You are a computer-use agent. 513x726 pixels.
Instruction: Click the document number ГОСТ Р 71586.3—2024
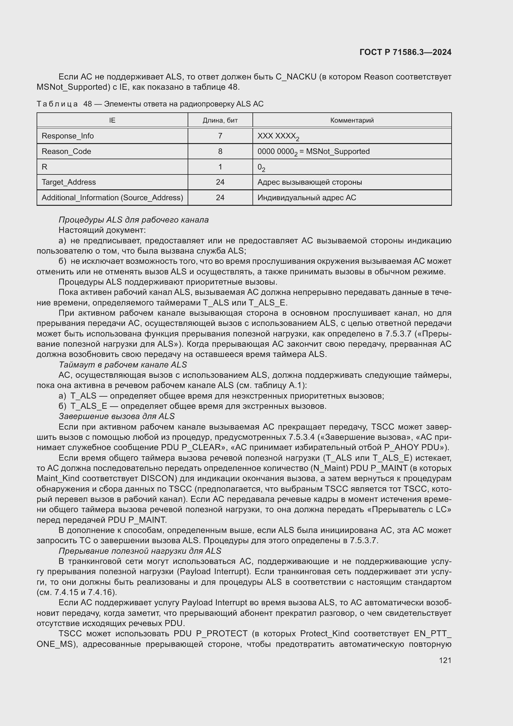(x=405, y=52)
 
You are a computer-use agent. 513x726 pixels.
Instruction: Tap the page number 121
(x=445, y=660)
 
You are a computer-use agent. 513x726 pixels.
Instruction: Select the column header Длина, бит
(x=220, y=120)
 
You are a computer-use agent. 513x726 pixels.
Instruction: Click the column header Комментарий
(x=352, y=120)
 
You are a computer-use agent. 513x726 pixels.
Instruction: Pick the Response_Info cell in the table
(x=68, y=136)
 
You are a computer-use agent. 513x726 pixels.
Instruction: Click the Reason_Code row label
(x=66, y=151)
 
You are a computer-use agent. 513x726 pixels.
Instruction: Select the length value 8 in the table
(x=220, y=151)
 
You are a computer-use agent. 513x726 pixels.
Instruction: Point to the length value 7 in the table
(x=220, y=136)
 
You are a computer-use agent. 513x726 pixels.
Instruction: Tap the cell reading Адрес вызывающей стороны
(x=310, y=182)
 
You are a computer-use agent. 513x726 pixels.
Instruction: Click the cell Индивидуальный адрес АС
(x=306, y=198)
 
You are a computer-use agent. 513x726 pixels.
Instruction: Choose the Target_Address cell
(x=69, y=182)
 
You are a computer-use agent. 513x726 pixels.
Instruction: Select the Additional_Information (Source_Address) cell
(x=112, y=198)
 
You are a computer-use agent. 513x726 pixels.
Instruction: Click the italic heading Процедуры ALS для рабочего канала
(x=134, y=220)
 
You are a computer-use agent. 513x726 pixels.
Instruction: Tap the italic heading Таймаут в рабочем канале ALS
(x=123, y=365)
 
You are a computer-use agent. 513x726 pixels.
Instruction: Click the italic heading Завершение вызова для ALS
(x=117, y=416)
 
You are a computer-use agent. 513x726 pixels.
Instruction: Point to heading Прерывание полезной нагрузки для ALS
(x=140, y=551)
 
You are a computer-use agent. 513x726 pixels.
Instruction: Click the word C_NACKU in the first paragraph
(x=296, y=77)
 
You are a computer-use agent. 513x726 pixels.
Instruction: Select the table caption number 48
(x=87, y=104)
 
